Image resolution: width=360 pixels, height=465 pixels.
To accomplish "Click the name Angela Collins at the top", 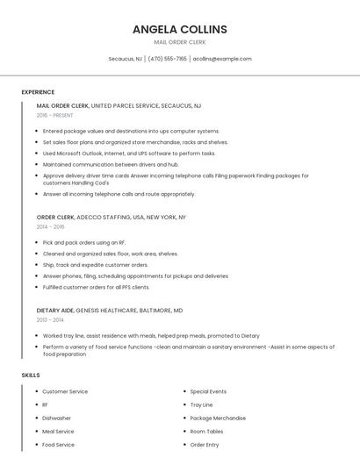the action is (x=179, y=29).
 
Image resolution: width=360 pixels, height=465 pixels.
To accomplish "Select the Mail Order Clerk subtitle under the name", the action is (x=179, y=42).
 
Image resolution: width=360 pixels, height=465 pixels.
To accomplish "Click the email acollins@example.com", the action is (x=222, y=59).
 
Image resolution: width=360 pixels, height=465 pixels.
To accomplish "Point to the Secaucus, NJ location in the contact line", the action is (x=125, y=59).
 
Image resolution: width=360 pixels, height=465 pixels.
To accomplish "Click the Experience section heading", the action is (x=38, y=92).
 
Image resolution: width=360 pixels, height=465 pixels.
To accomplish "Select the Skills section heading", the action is (x=31, y=376).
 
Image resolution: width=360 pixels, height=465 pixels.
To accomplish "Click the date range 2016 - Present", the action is (x=55, y=115).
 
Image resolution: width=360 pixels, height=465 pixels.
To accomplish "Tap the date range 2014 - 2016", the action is (x=51, y=226).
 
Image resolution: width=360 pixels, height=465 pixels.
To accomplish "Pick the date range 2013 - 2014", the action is (x=51, y=320).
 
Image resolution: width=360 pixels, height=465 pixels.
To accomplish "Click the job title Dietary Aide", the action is (x=54, y=311).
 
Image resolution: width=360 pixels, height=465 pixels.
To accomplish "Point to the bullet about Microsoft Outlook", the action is (x=128, y=153).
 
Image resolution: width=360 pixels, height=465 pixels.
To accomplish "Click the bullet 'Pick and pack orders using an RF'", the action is (x=84, y=242).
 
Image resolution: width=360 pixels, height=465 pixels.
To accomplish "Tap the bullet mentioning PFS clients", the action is (x=96, y=287).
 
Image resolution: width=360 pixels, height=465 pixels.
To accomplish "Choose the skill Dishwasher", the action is (x=57, y=418).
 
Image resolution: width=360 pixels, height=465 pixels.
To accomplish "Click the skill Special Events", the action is (x=208, y=391).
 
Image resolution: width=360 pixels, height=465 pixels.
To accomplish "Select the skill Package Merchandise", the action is (x=218, y=418).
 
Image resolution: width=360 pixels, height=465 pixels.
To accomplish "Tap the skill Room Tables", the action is (x=207, y=432).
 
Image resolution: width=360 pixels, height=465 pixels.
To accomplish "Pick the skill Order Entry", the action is (x=205, y=445).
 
